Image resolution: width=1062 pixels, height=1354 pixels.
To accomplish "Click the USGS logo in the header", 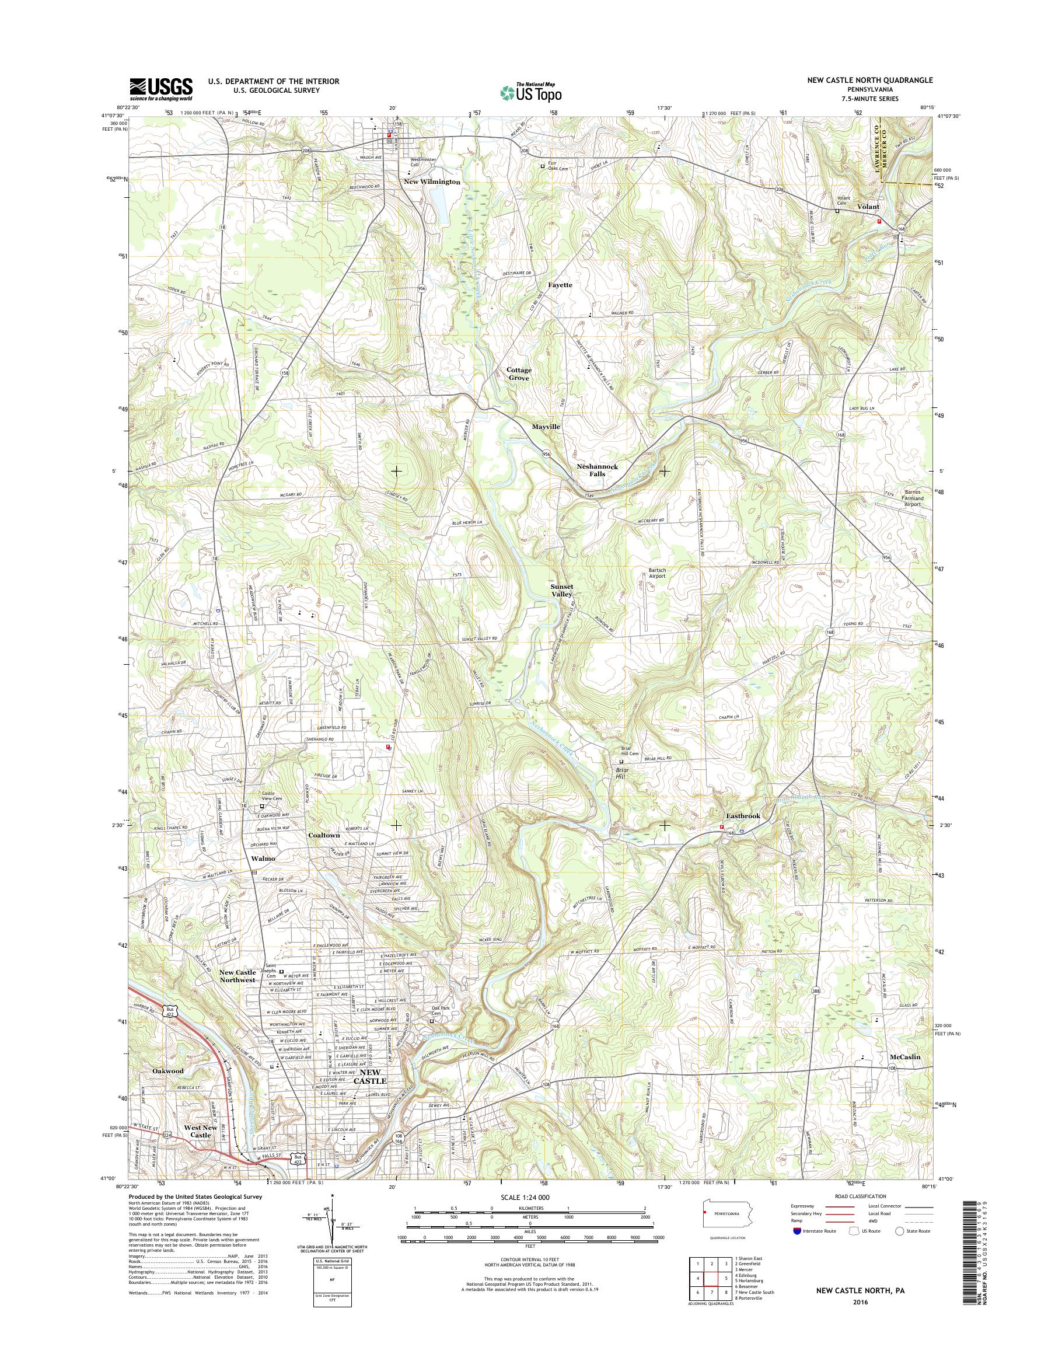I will point(160,89).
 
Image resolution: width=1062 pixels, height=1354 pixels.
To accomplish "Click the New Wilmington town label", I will point(432,182).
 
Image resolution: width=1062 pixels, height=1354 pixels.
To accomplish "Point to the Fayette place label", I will point(560,285).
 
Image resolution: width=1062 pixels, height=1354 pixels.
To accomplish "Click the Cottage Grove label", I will point(519,374).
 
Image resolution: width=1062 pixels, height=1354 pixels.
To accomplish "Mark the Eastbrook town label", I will point(743,816).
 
